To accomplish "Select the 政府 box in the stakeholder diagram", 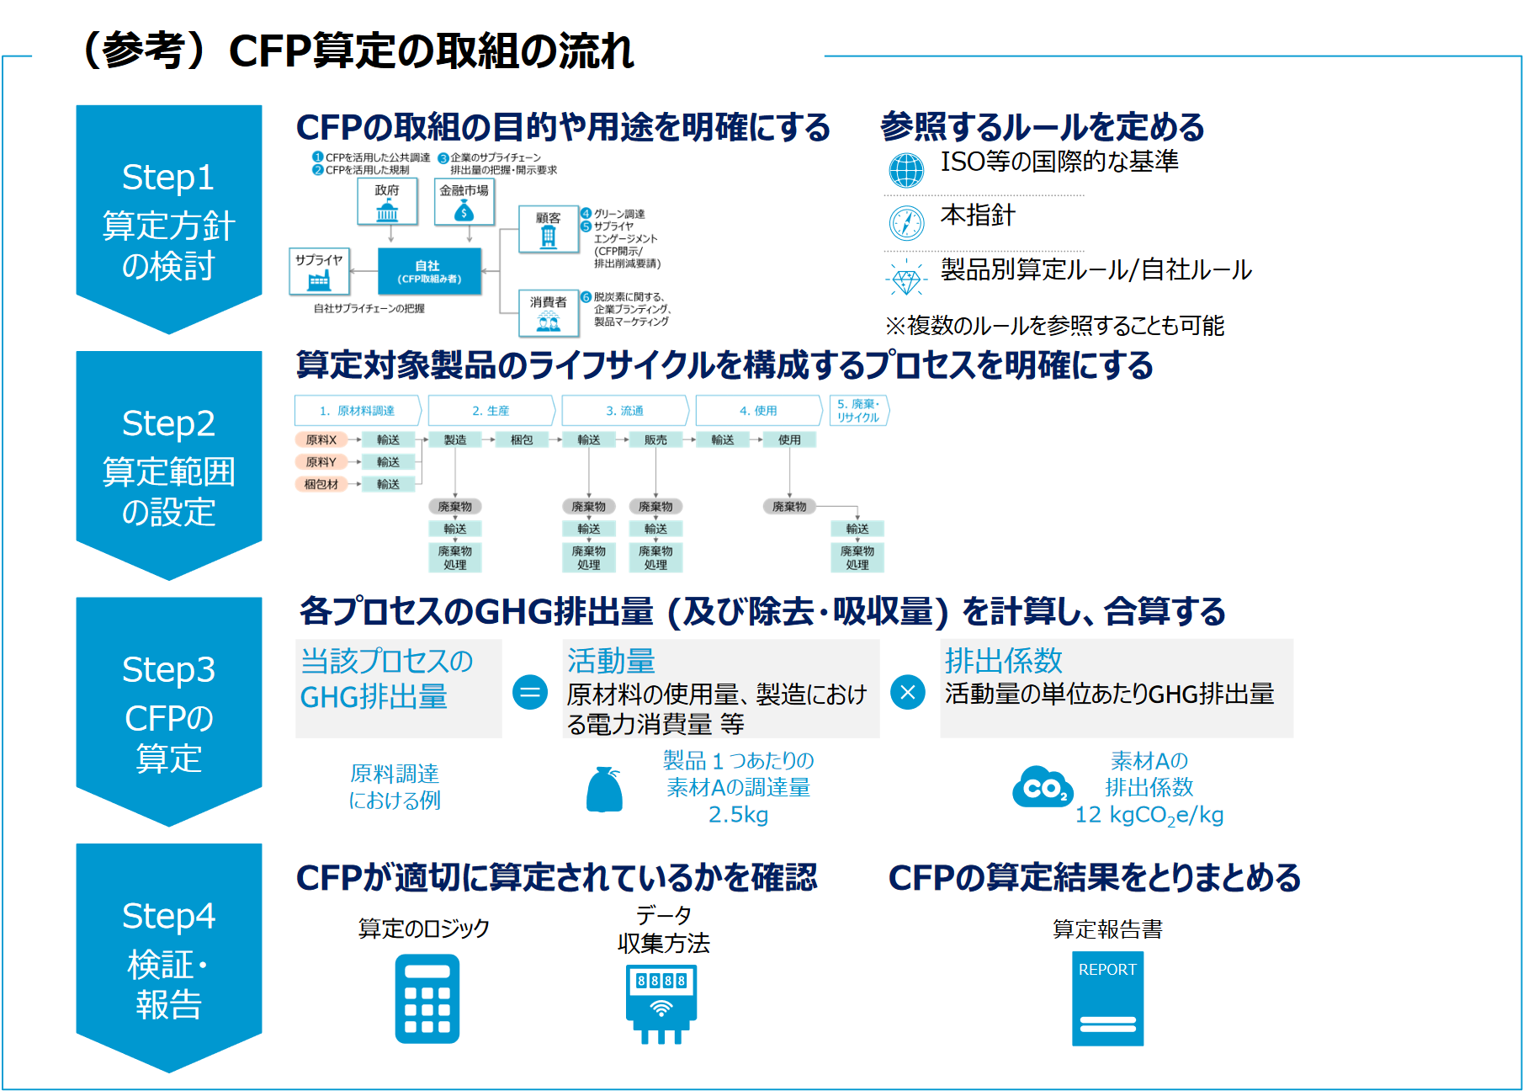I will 387,202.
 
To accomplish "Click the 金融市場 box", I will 464,202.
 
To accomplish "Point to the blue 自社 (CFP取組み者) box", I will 429,271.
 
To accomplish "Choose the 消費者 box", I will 549,312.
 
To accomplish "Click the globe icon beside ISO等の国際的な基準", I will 906,170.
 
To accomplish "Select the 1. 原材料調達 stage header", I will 358,411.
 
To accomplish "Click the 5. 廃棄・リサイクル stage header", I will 858,411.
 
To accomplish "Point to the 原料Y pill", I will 321,462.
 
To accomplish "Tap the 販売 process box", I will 655,439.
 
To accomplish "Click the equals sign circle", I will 530,693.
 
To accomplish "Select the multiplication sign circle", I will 908,693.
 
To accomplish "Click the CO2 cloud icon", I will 1043,788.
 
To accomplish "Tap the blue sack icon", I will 604,790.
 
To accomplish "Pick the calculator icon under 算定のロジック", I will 427,998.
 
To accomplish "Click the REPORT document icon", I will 1107,998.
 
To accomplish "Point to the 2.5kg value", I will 738,815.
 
